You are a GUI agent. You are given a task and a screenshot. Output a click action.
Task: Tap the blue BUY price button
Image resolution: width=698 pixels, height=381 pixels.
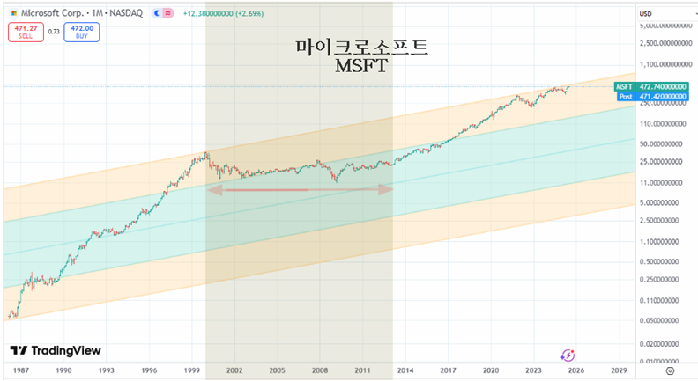coord(82,33)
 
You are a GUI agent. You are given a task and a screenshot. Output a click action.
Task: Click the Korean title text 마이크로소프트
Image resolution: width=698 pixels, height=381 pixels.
coord(362,48)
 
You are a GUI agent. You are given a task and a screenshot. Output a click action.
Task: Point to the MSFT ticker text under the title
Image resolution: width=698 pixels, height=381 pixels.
coord(362,66)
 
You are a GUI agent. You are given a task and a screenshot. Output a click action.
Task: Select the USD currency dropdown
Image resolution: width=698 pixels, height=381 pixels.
coord(645,13)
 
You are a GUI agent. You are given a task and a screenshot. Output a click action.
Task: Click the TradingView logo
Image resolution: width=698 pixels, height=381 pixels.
coord(55,350)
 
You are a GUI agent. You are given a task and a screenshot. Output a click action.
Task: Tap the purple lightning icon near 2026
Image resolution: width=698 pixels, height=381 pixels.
coord(568,355)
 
